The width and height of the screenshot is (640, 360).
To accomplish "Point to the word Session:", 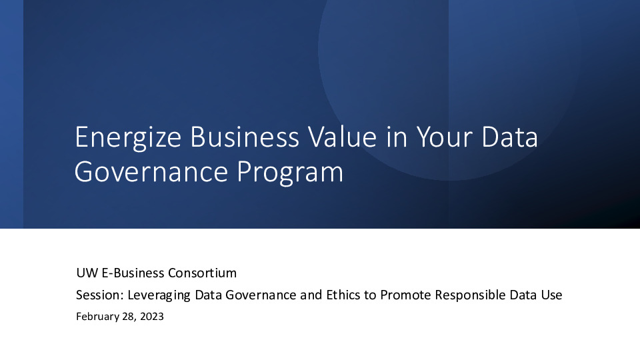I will pos(97,295).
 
